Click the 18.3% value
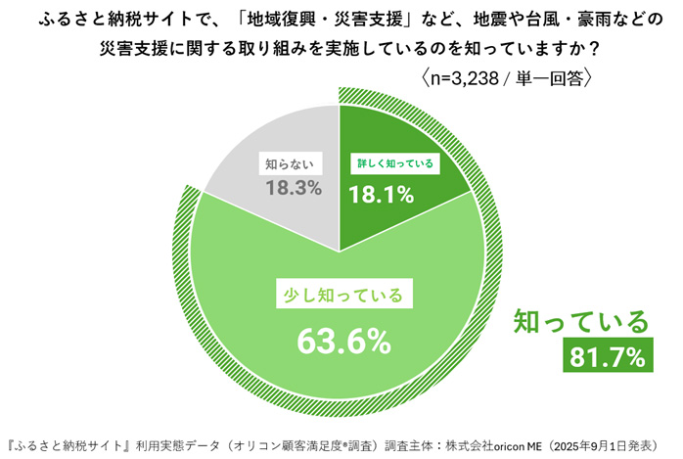point(294,187)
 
